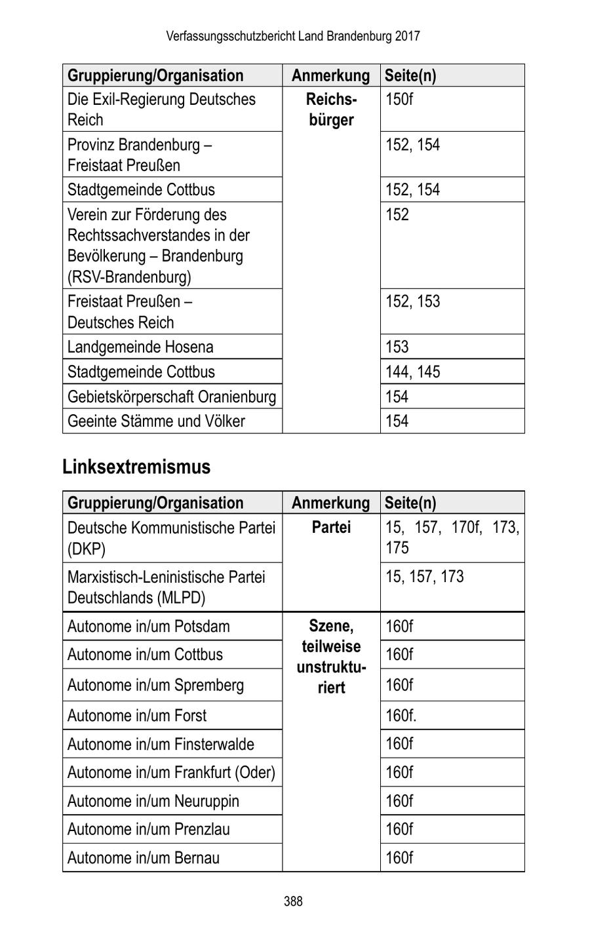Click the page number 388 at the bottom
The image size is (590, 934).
293,901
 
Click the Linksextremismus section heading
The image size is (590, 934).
136,467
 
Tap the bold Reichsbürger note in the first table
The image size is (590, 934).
331,109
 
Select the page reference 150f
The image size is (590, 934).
399,100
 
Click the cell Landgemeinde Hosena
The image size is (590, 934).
140,347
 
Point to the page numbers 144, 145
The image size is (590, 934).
413,372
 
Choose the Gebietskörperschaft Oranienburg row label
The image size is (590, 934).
172,397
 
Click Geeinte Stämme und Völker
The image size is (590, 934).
156,421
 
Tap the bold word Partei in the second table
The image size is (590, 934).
331,527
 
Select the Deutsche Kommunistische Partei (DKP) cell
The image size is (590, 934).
171,537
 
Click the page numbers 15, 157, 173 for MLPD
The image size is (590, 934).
424,577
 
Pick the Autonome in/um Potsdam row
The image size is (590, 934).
149,626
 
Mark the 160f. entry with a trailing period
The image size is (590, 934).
401,715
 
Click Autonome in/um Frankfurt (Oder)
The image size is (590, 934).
171,772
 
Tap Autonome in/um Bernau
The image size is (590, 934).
144,857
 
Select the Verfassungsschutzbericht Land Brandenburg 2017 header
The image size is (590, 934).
293,36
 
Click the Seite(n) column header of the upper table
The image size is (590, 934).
410,75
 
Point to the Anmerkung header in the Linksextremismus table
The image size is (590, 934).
330,503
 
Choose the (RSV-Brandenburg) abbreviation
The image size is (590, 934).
129,277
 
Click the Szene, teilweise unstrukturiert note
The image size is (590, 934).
331,657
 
